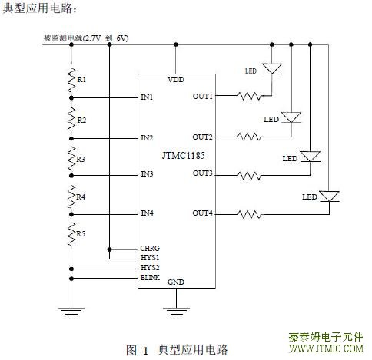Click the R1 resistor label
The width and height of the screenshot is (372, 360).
(81, 80)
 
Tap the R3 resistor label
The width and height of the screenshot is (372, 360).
(81, 160)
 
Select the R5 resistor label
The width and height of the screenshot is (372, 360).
(81, 233)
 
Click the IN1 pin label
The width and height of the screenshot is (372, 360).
(147, 97)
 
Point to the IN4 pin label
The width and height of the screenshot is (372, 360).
(147, 213)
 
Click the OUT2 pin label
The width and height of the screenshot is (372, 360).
(202, 137)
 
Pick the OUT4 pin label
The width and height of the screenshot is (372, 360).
(202, 213)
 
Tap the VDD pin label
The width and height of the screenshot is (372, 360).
(176, 80)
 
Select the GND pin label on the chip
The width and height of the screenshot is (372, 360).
(176, 282)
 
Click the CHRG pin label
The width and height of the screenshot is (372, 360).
(150, 248)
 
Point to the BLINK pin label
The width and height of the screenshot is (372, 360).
(150, 278)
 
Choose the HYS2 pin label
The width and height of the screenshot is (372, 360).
(150, 268)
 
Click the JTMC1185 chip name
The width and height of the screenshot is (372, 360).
(184, 156)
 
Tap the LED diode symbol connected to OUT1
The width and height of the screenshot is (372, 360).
(272, 69)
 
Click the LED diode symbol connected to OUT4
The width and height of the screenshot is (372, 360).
(329, 197)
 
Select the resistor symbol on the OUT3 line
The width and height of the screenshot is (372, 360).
(249, 176)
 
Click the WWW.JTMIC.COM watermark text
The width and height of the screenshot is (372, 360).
(326, 348)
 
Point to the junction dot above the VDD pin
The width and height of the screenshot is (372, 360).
(176, 45)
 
